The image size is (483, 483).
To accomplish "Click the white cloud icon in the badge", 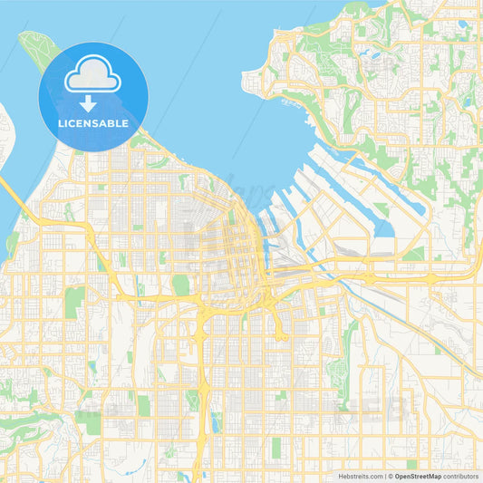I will coord(93,74).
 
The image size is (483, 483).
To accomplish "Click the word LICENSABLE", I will coord(93,123).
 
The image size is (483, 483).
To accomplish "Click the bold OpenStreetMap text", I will coord(418,475).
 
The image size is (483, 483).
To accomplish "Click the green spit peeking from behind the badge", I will coord(34,45).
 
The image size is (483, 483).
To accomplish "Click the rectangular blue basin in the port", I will coord(384,223).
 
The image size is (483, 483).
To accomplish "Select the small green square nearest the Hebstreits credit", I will coord(412,464).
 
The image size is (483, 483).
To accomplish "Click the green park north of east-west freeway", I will coord(181,285).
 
